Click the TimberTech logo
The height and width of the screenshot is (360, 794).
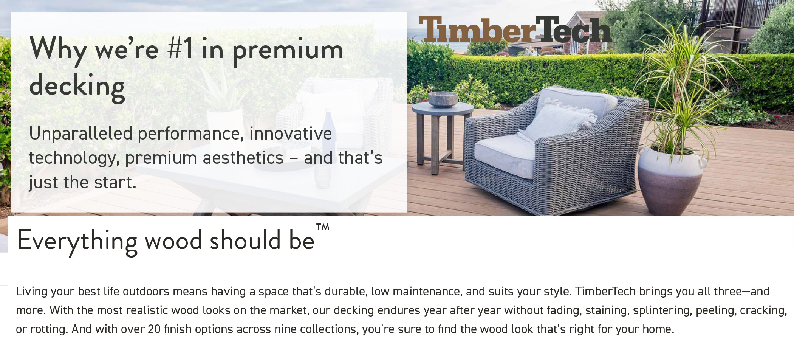[515, 29]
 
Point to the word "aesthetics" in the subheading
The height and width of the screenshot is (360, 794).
[243, 158]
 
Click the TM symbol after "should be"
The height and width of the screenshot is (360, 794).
[323, 227]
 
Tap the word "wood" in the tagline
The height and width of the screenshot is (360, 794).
[173, 241]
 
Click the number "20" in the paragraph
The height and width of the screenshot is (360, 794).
[154, 329]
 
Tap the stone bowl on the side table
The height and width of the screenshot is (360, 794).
[443, 99]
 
